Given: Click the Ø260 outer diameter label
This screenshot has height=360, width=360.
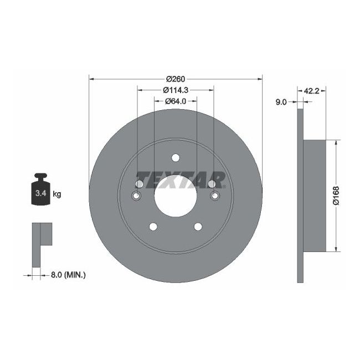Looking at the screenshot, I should (175, 78).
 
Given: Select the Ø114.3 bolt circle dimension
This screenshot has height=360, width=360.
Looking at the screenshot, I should (175, 90).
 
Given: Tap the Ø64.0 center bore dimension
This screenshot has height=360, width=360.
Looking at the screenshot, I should (175, 101).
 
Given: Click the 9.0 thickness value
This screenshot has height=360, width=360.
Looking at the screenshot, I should (281, 102).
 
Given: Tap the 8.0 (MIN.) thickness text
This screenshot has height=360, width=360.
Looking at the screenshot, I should (69, 274).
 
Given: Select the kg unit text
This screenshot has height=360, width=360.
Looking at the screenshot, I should (56, 194).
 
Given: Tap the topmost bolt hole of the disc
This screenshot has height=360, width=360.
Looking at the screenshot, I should (175, 157).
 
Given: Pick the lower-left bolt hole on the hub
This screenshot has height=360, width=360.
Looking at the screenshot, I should (153, 226).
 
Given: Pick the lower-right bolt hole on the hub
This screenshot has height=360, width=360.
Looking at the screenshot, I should (197, 226).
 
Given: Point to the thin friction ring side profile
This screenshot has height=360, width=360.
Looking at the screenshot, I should (301, 196).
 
